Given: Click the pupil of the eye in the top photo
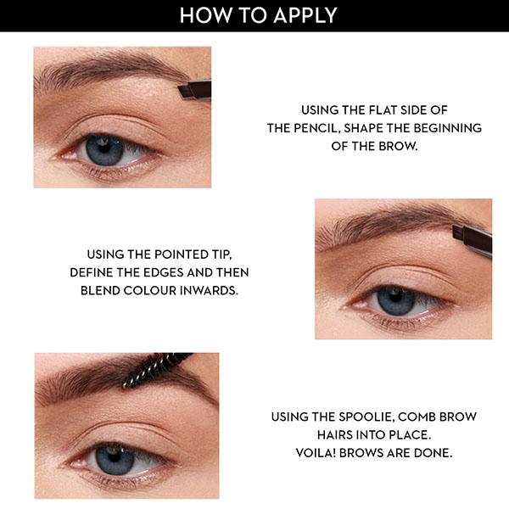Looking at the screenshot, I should click(x=105, y=150).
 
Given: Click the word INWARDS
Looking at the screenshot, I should click(x=207, y=289).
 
